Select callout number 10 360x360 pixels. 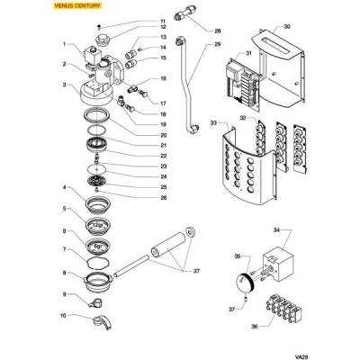63,315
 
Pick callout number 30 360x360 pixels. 287,27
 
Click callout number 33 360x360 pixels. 212,121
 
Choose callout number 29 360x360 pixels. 218,44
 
